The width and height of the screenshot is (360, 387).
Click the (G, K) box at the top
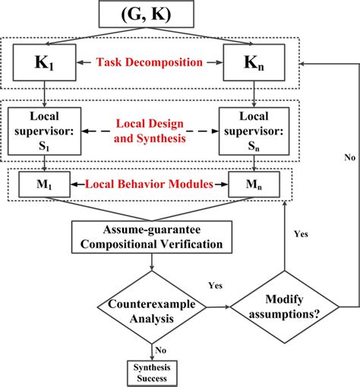(x=146, y=14)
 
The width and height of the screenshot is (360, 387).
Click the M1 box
(x=44, y=185)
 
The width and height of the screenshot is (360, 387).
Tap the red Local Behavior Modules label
(x=146, y=185)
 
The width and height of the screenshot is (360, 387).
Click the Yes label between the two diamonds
(x=214, y=285)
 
